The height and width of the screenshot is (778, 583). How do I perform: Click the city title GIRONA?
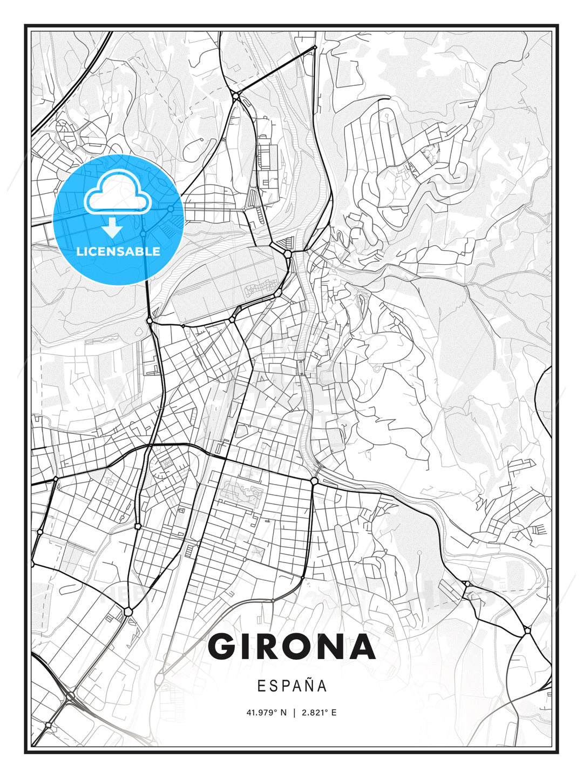(x=291, y=647)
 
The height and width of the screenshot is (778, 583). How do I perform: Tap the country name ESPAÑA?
(x=292, y=686)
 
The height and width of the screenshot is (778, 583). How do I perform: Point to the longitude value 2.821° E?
(x=319, y=713)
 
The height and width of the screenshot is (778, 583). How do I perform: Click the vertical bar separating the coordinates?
(x=294, y=713)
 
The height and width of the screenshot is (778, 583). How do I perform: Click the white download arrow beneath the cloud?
(x=113, y=227)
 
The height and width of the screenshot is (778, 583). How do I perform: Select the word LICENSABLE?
(x=118, y=251)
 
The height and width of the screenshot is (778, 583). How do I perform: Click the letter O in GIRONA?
(x=291, y=647)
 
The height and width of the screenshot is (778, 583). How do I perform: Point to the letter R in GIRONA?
(x=261, y=647)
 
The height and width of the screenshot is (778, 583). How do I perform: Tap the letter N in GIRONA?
(x=327, y=647)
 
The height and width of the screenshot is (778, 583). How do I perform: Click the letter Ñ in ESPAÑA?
(x=309, y=686)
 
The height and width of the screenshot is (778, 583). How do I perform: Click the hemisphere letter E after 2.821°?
(x=334, y=713)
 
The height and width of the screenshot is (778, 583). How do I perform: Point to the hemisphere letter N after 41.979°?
(x=284, y=713)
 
